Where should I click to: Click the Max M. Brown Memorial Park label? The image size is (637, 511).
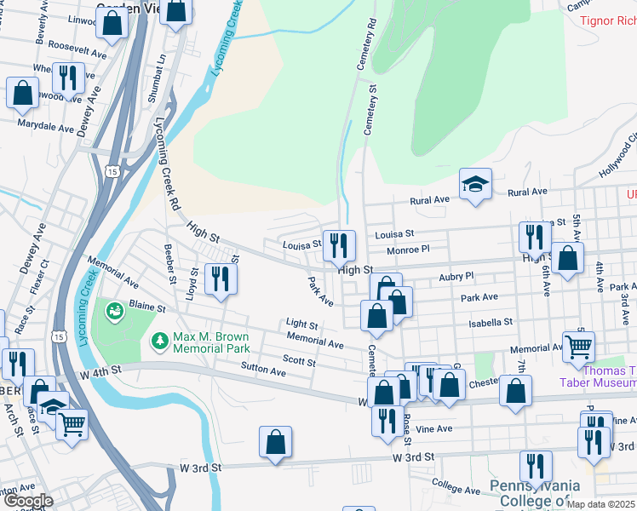point(211,342)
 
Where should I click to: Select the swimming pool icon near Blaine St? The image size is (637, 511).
point(112,312)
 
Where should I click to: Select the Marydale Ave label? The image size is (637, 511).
point(47,127)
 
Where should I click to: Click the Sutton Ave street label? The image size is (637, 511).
point(264,371)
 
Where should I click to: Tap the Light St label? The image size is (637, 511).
point(301,324)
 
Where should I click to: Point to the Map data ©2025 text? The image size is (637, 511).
point(600,504)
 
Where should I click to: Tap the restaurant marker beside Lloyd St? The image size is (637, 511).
point(221,278)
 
